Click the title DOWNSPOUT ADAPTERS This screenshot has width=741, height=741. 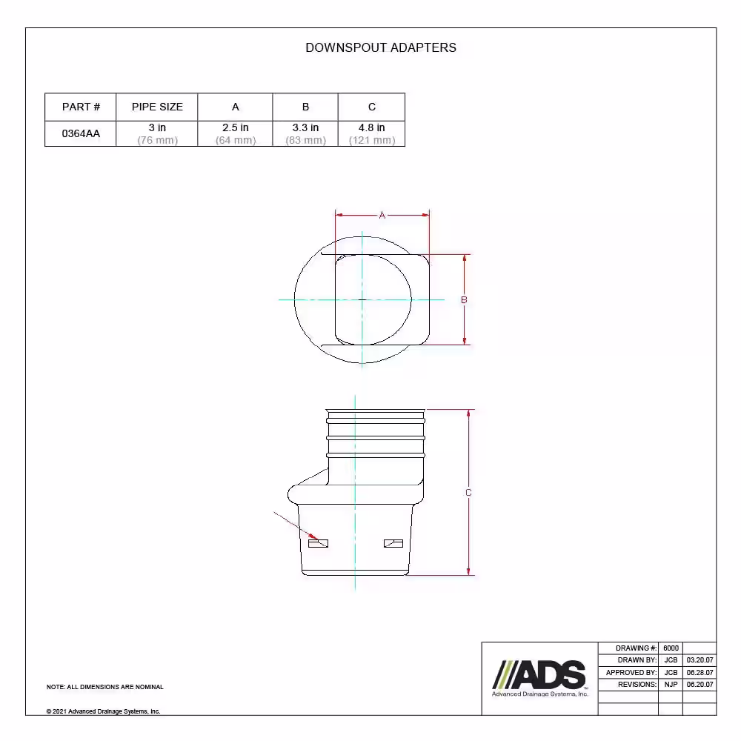click(x=381, y=47)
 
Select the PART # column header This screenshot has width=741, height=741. click(x=81, y=107)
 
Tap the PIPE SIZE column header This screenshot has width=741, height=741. click(x=157, y=107)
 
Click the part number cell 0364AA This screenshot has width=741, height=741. click(x=81, y=133)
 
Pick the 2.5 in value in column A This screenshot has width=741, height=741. click(x=236, y=127)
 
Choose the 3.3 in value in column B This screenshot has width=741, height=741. click(x=305, y=127)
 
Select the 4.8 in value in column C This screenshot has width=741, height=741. click(x=371, y=127)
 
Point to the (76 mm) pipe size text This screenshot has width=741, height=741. click(x=157, y=140)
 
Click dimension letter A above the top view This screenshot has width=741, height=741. click(x=382, y=216)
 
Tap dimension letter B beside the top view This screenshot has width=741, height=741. click(x=464, y=299)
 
